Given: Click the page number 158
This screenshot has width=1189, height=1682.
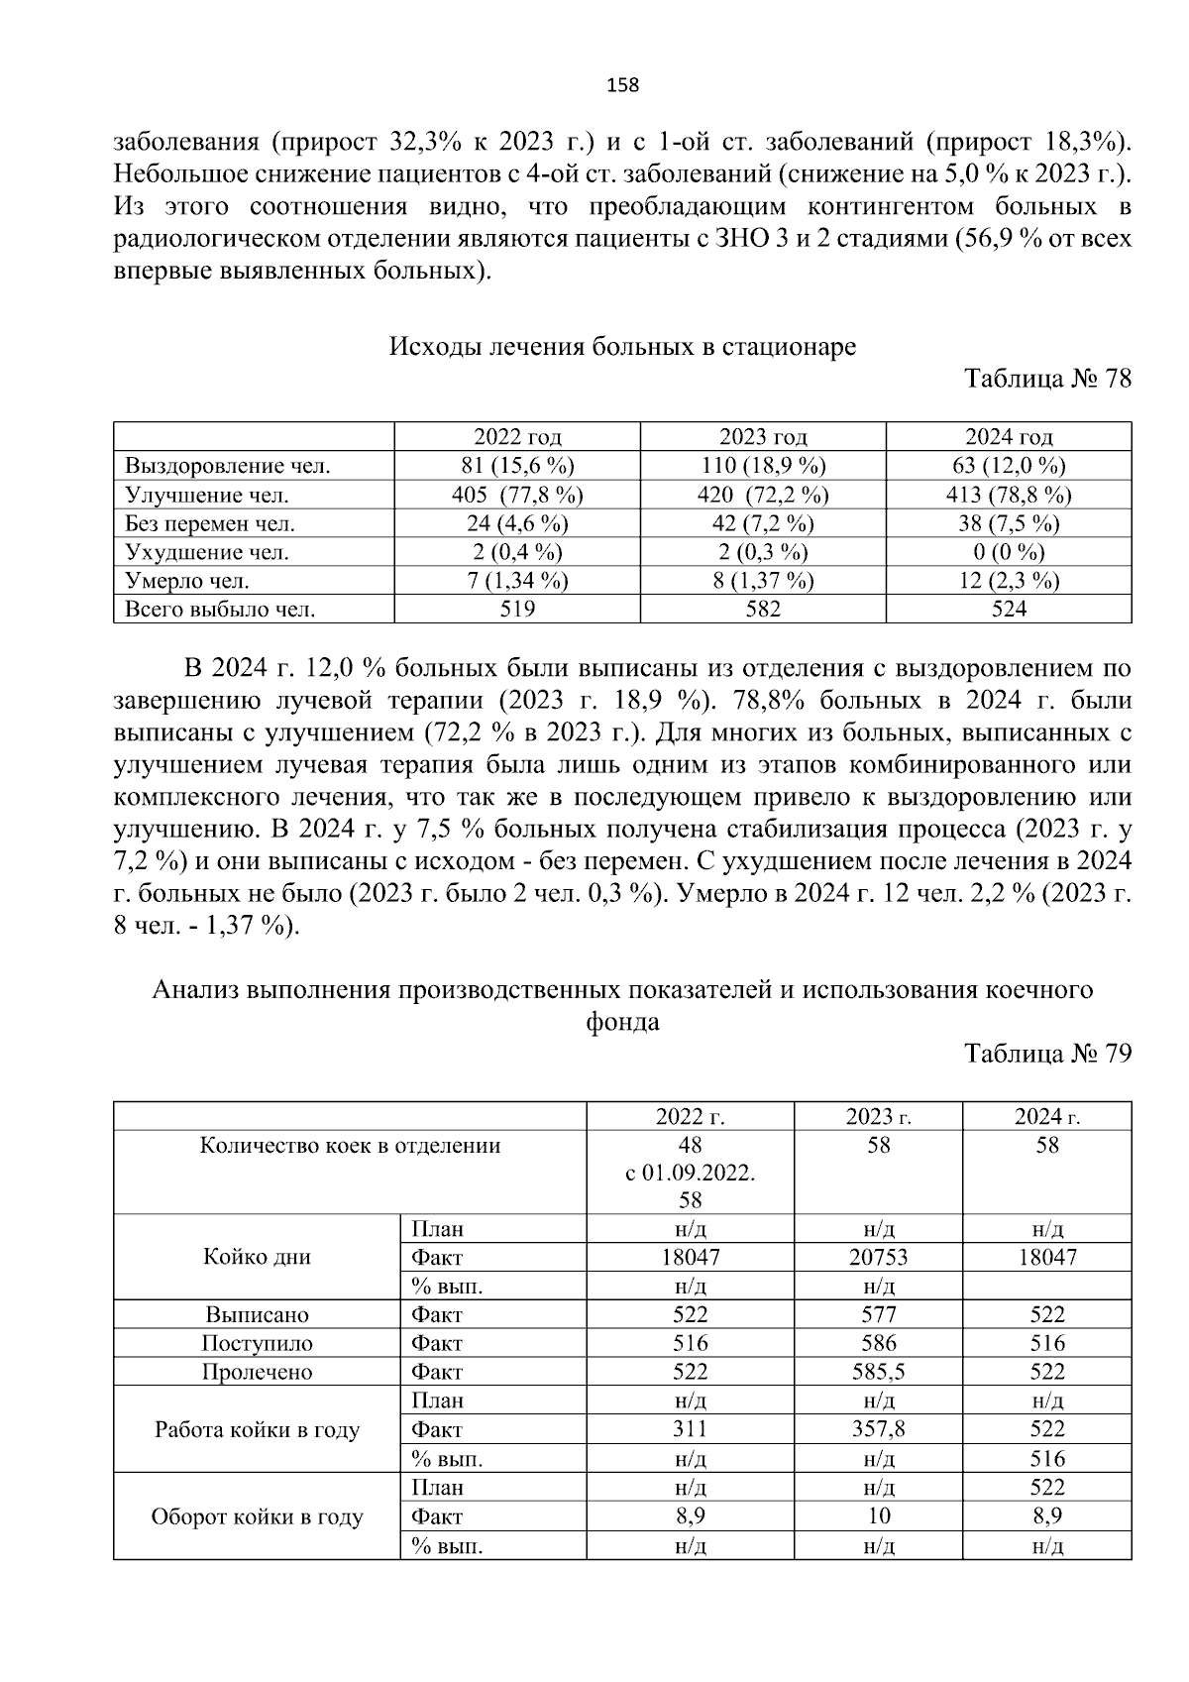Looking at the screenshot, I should click(x=622, y=85).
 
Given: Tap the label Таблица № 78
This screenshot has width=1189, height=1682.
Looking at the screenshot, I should click(x=1047, y=380).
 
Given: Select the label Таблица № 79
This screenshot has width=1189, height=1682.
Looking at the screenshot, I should click(x=1047, y=1054).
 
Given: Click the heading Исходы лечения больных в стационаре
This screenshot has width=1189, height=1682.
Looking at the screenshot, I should click(x=622, y=347).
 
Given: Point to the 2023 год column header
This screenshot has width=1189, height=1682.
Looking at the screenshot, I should click(x=763, y=437).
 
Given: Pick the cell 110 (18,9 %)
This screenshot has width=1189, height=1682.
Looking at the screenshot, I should click(x=763, y=466).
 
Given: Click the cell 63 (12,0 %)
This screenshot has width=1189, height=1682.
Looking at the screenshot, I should click(x=1009, y=466).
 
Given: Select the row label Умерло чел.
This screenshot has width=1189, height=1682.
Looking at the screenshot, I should click(x=187, y=581).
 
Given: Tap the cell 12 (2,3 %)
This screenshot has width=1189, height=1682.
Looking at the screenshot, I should click(x=1009, y=581).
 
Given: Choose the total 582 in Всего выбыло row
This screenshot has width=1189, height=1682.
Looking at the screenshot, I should click(x=763, y=610).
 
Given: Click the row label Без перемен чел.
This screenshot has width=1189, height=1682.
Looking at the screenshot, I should click(x=210, y=523).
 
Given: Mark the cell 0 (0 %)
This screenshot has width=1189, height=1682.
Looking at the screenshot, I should click(x=1009, y=552).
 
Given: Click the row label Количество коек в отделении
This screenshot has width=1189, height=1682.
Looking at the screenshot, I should click(x=350, y=1146).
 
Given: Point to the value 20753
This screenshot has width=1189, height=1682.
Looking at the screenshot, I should click(x=878, y=1258).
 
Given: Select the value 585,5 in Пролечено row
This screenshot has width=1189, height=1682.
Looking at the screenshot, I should click(x=878, y=1373).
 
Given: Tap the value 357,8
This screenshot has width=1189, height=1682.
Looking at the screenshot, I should click(x=878, y=1429).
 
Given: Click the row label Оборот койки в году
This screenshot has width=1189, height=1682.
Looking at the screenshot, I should click(x=257, y=1517).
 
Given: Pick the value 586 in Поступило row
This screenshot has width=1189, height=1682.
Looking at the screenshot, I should click(x=878, y=1344).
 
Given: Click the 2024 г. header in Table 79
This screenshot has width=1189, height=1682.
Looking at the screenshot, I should click(x=1046, y=1117).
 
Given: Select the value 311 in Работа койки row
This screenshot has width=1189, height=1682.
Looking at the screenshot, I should click(x=690, y=1429).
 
